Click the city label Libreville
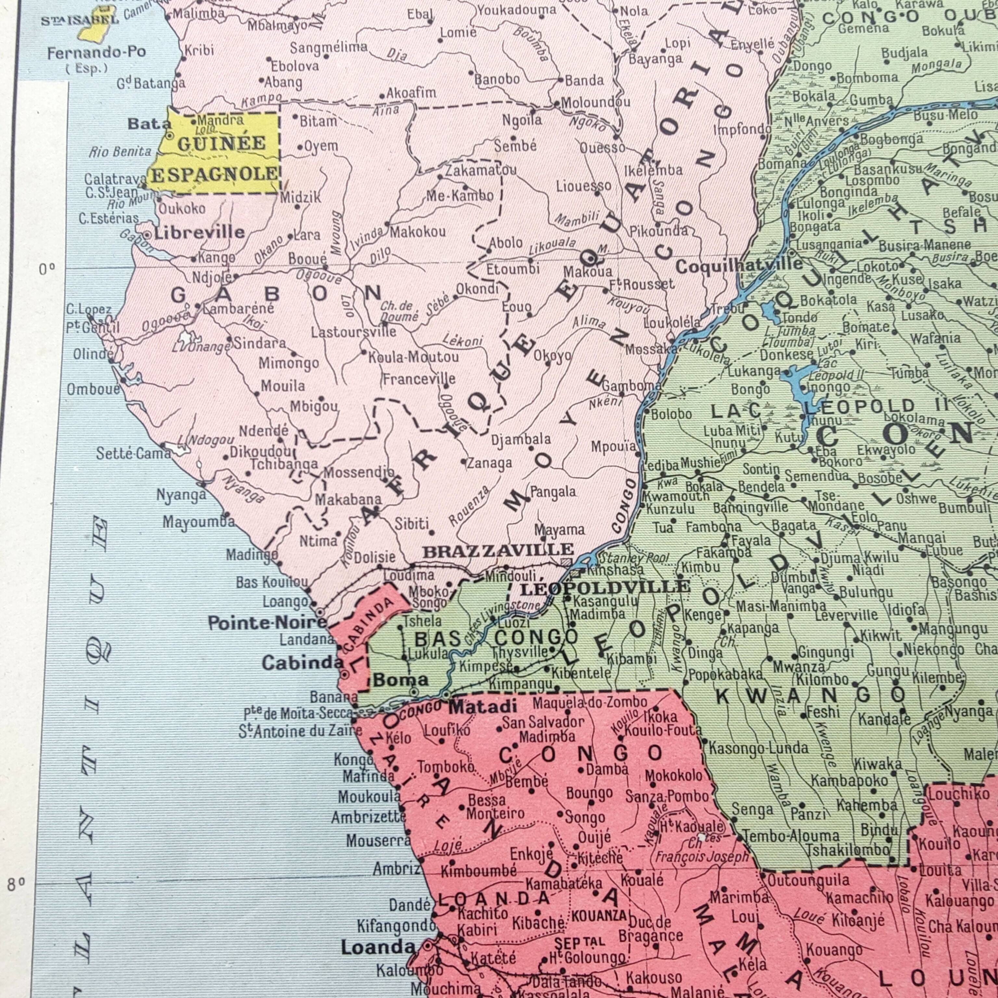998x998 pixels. pyautogui.click(x=199, y=233)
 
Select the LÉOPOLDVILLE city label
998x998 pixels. pyautogui.click(x=604, y=588)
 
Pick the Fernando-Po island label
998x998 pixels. pyautogui.click(x=96, y=53)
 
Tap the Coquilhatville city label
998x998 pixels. pyautogui.click(x=739, y=266)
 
